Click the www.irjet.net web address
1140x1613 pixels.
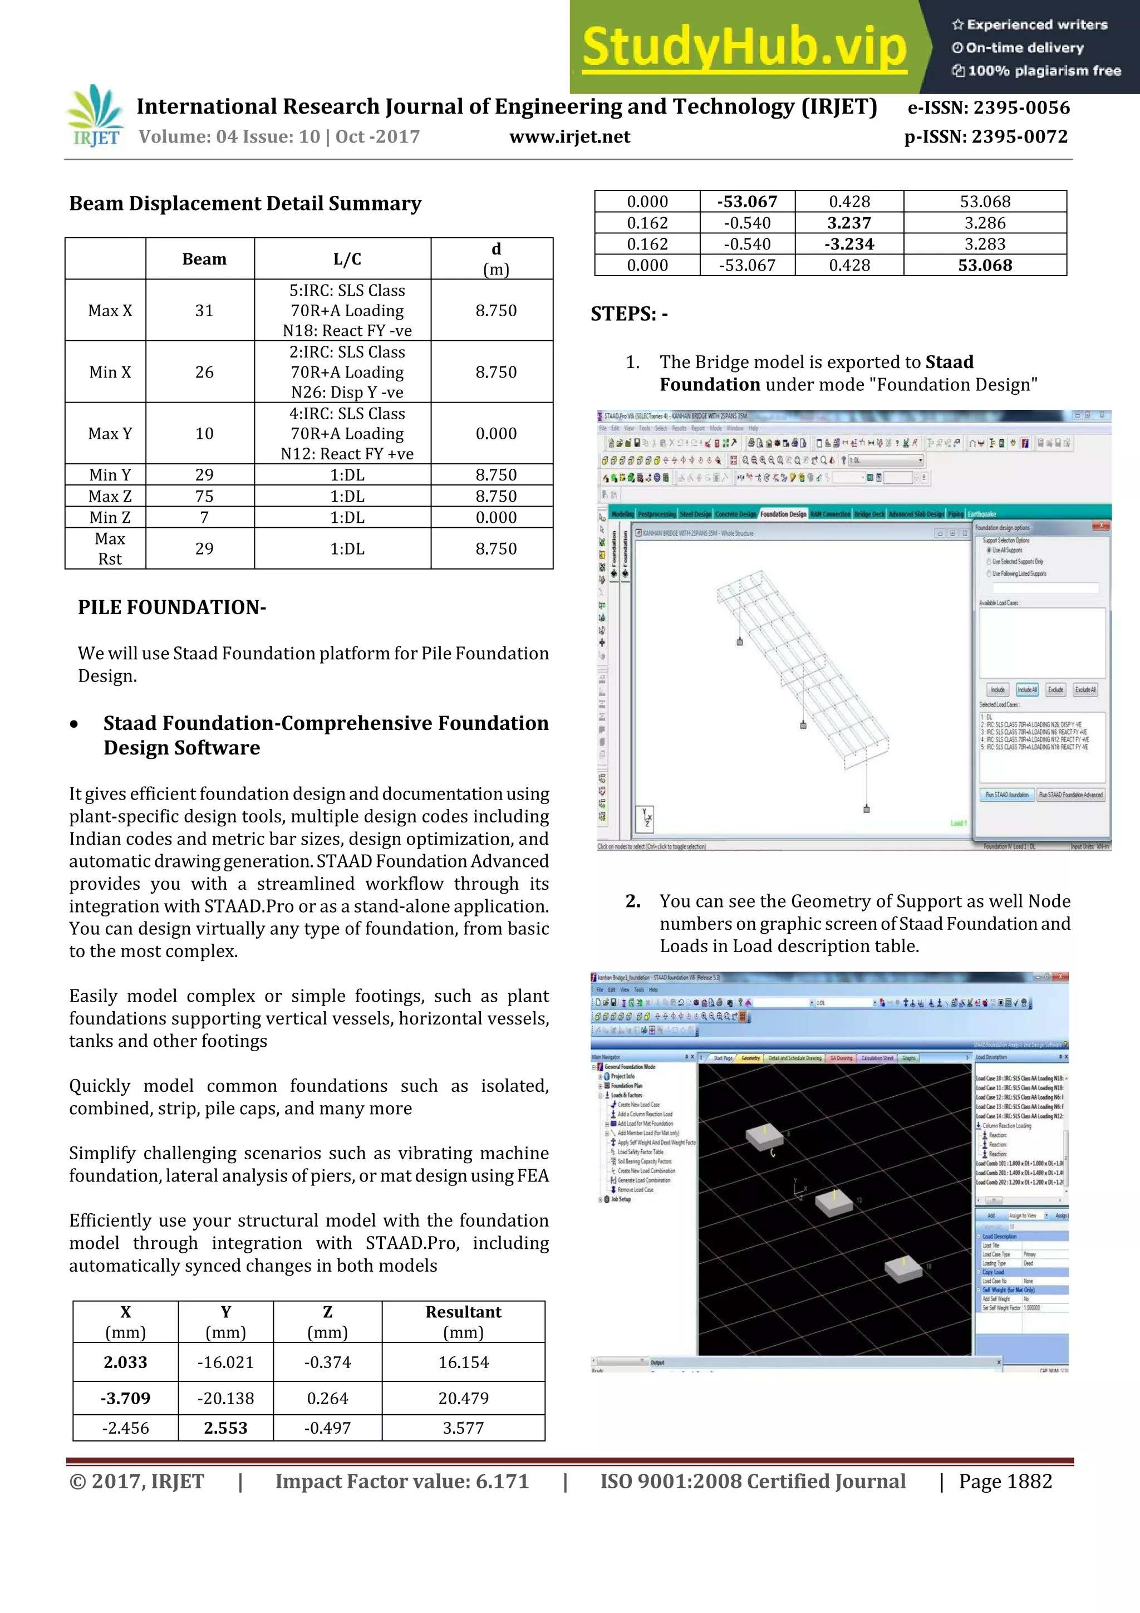coord(569,137)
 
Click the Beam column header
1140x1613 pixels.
coord(204,259)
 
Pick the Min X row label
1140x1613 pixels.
coord(110,372)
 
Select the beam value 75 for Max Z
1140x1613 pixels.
coord(204,496)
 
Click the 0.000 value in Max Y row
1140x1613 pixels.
coord(495,434)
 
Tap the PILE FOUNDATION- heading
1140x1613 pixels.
coord(172,607)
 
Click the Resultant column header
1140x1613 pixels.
coord(463,1312)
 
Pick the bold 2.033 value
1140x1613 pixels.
coord(125,1362)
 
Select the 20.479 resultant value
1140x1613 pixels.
coord(463,1398)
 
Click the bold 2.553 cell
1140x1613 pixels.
coord(225,1428)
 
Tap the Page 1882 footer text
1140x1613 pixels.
coord(1005,1482)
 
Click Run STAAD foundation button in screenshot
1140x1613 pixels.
coord(1006,795)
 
